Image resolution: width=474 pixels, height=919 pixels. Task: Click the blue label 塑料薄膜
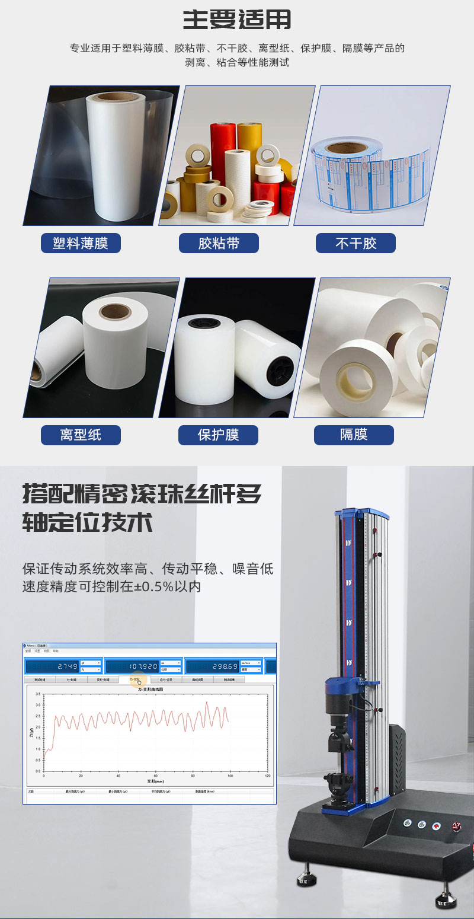click(81, 243)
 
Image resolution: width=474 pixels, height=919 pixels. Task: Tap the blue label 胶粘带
click(219, 243)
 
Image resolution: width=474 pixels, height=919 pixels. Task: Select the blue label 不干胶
click(355, 243)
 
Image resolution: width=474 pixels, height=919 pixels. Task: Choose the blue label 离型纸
click(81, 435)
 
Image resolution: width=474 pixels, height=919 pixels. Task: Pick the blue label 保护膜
click(218, 435)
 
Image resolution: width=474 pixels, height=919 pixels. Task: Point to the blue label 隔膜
click(354, 435)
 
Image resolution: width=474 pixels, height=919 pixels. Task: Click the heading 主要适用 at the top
click(237, 20)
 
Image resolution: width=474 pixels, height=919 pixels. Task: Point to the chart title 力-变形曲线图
click(150, 690)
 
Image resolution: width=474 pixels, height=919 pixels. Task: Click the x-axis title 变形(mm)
click(155, 781)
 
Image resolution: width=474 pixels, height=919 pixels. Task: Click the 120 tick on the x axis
click(267, 776)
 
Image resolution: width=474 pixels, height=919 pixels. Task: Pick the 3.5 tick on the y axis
click(38, 694)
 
